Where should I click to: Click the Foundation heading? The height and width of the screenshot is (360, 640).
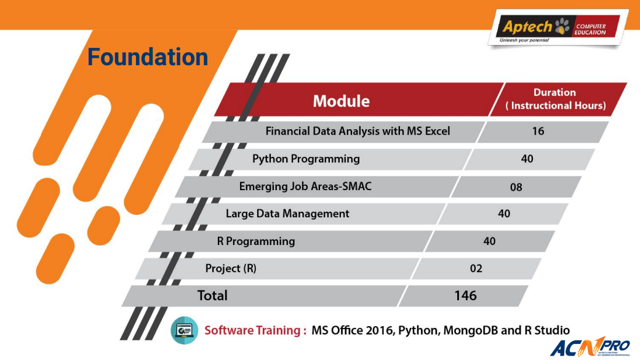click(148, 57)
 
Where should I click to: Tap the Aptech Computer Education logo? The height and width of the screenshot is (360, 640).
click(558, 28)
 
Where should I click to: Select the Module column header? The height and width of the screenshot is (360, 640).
click(341, 101)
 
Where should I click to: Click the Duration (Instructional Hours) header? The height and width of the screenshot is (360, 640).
click(556, 99)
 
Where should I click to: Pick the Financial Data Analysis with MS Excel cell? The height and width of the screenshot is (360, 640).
click(358, 131)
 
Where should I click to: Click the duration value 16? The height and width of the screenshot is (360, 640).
click(538, 131)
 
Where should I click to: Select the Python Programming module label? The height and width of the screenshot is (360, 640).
click(306, 159)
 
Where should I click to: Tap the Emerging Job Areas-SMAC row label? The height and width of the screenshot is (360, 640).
click(305, 186)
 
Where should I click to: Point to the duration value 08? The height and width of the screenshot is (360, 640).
click(516, 187)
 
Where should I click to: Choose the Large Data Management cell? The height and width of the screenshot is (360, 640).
click(287, 214)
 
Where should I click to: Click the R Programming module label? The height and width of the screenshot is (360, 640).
click(255, 241)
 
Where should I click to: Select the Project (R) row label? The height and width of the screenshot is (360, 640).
click(231, 268)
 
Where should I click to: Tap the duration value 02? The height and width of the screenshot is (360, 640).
click(476, 268)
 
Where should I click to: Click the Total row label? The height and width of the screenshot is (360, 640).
click(212, 295)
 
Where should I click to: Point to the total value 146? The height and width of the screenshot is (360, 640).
click(465, 295)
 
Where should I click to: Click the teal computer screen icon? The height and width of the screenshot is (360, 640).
click(185, 330)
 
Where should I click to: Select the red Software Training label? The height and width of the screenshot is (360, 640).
click(255, 330)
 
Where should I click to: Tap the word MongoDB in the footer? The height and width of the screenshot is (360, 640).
click(470, 330)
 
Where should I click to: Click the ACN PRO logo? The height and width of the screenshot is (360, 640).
click(590, 346)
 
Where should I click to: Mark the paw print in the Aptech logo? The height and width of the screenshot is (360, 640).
click(562, 26)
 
